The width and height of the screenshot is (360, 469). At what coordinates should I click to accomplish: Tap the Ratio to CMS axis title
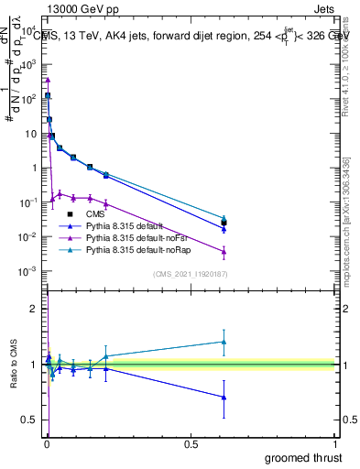click(x=12, y=364)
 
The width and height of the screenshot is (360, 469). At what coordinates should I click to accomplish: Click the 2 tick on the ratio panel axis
click(x=35, y=309)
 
